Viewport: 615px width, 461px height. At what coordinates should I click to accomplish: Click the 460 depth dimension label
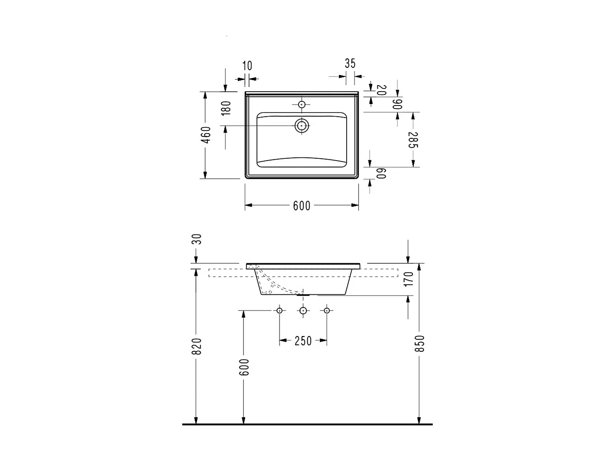pos(207,135)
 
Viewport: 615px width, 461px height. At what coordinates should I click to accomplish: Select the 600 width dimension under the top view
pos(302,206)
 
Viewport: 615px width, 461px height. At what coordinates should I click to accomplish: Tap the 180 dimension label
pos(226,108)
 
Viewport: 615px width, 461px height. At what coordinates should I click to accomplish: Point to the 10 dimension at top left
pos(248,66)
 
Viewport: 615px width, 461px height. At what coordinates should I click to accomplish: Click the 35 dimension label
pos(350,63)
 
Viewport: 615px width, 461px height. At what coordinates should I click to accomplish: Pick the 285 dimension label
pos(413,140)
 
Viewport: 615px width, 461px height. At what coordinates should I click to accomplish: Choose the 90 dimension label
pos(397,104)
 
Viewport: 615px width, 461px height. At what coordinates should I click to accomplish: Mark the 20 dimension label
pos(381,90)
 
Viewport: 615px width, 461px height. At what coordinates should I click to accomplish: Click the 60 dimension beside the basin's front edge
pos(381,173)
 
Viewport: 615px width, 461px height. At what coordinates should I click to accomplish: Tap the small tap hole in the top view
pos(302,105)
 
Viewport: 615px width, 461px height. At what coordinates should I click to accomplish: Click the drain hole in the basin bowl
pos(302,125)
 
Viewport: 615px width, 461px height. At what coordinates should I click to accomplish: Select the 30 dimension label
pos(197,239)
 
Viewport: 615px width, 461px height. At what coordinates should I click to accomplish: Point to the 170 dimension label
pos(408,280)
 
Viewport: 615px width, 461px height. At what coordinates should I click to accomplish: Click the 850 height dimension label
pos(419,344)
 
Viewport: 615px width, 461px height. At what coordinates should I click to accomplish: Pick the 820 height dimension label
pos(197,346)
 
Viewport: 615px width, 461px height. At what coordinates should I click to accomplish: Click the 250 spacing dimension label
pos(303,341)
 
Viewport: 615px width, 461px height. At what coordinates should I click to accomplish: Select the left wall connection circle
pos(280,311)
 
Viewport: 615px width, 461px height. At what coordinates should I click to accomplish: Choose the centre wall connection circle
pos(303,311)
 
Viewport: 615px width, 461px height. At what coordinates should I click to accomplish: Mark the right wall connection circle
pos(327,311)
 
